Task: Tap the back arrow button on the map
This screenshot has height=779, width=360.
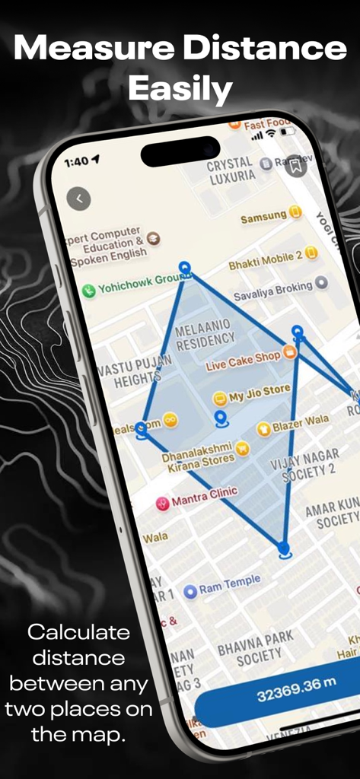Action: pyautogui.click(x=78, y=199)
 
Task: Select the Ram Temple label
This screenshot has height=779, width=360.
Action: pyautogui.click(x=229, y=584)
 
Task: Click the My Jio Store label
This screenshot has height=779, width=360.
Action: pyautogui.click(x=259, y=394)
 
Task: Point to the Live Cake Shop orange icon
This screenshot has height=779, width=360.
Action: pyautogui.click(x=289, y=352)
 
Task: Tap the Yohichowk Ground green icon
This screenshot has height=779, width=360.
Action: pyautogui.click(x=89, y=290)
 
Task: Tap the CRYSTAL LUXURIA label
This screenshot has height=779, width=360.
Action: pyautogui.click(x=231, y=169)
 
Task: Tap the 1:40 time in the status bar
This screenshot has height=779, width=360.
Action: pyautogui.click(x=76, y=161)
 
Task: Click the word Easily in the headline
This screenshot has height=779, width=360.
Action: pyautogui.click(x=180, y=89)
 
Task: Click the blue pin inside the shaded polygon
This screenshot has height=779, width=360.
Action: pyautogui.click(x=221, y=418)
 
